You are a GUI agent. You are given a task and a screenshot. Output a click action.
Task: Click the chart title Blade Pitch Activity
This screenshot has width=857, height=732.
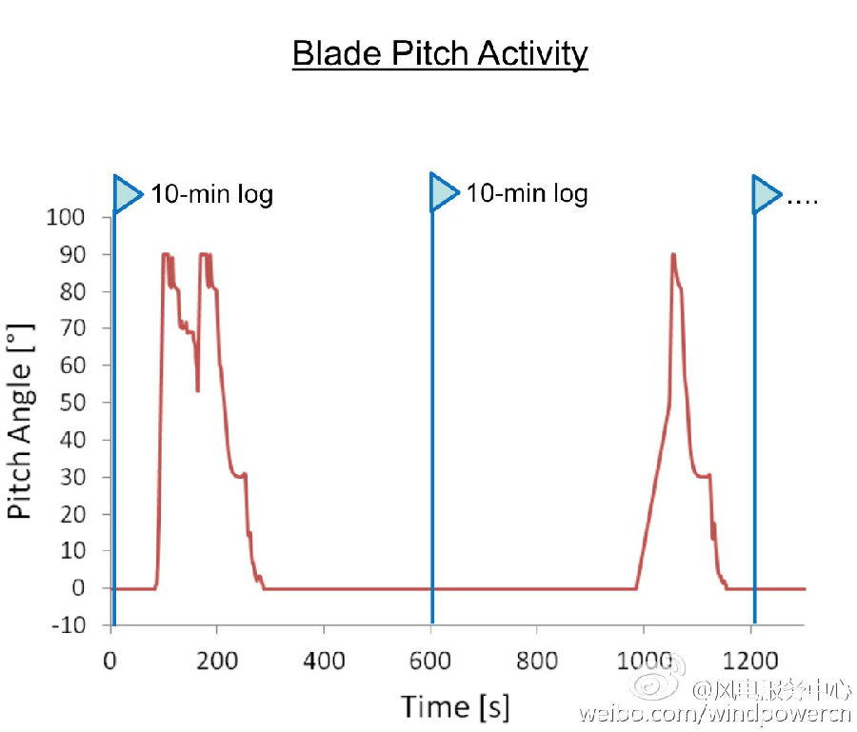click(440, 53)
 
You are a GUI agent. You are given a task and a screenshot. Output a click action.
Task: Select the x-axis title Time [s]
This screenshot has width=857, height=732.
click(455, 706)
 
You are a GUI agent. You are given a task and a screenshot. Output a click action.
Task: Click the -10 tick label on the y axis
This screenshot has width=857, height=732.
click(66, 625)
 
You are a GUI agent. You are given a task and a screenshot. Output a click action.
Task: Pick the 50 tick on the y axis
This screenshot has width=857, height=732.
click(72, 403)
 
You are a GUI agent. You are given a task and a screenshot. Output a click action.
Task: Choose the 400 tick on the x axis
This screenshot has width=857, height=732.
click(324, 658)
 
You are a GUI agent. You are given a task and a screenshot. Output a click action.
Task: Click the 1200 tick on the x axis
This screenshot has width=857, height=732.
click(748, 658)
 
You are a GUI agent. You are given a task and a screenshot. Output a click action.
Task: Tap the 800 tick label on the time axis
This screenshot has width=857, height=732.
click(536, 658)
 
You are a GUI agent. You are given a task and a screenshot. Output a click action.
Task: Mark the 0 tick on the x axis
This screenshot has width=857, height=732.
click(111, 658)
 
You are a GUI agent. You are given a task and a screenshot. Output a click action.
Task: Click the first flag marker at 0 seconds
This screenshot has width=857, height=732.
click(127, 193)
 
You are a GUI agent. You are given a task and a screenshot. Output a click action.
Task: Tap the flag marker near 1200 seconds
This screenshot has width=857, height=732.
click(767, 193)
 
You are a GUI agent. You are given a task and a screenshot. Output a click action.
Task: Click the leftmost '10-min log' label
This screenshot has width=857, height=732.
click(212, 195)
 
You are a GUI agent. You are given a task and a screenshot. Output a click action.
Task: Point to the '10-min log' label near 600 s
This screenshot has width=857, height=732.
click(527, 193)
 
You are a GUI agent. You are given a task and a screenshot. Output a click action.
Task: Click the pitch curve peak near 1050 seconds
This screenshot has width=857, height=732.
click(673, 255)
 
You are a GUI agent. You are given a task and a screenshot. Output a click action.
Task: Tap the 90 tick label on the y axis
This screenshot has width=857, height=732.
click(72, 254)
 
